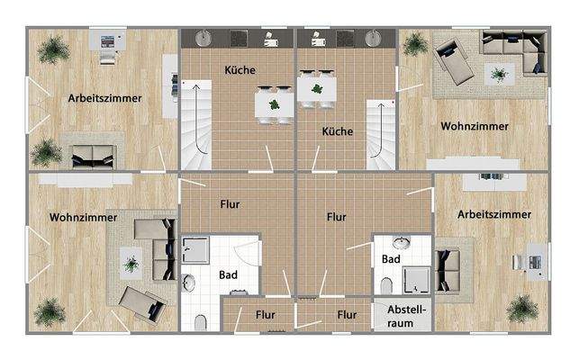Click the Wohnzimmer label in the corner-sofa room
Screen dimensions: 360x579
pyautogui.click(x=475, y=127)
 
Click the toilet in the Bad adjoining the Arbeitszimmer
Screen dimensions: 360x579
pyautogui.click(x=386, y=285)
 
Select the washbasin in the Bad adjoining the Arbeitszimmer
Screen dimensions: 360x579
pyautogui.click(x=402, y=243)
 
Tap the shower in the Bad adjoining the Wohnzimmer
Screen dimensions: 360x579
pyautogui.click(x=195, y=249)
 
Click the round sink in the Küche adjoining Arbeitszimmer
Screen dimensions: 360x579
pyautogui.click(x=204, y=38)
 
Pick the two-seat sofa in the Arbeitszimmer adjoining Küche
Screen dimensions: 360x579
pyautogui.click(x=92, y=153)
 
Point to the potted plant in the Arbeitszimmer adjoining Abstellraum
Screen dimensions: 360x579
pyautogui.click(x=521, y=309)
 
